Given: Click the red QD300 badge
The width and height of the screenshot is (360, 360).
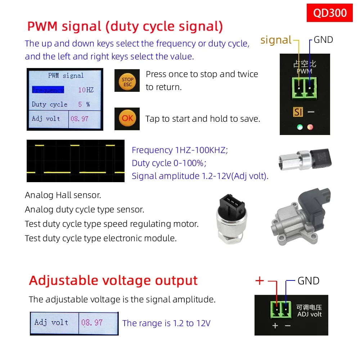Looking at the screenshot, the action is (329, 13).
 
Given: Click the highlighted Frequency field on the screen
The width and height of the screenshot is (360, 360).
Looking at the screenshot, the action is (48, 90).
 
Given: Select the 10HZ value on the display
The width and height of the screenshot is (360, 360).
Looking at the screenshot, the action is (86, 90).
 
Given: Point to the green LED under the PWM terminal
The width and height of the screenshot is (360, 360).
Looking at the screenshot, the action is (300, 127).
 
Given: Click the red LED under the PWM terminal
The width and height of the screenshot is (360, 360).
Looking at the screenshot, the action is (310, 127).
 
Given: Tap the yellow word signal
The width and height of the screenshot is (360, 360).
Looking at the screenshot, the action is (276, 40).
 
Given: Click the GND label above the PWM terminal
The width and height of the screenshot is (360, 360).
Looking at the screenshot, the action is (323, 40).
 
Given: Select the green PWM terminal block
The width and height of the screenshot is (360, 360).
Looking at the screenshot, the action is (304, 88).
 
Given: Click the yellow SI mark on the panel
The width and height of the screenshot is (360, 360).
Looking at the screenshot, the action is (298, 112).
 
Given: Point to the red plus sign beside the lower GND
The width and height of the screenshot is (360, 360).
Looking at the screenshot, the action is (260, 280).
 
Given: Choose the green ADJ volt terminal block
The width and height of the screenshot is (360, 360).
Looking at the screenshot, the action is (281, 310).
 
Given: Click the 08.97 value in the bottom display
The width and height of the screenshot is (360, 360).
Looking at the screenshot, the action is (92, 323).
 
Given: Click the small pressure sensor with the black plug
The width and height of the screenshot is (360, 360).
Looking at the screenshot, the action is (305, 159).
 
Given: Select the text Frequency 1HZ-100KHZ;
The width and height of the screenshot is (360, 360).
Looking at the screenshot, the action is (180, 150).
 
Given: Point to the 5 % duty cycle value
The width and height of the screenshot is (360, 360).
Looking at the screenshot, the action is (84, 104).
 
